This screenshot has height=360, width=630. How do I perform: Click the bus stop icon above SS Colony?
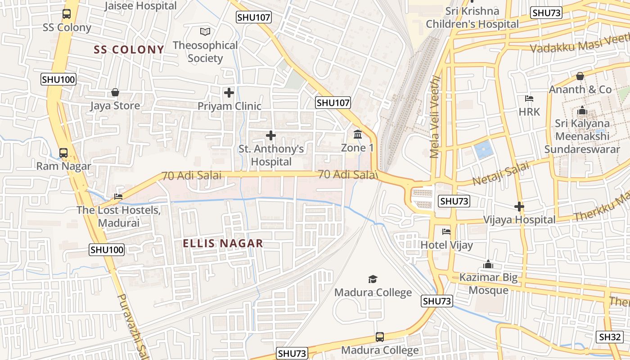tap(67, 14)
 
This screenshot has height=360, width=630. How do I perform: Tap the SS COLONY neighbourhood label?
tap(129, 49)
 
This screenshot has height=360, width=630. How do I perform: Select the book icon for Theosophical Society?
tap(205, 31)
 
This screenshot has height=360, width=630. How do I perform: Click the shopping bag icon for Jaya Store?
tap(115, 92)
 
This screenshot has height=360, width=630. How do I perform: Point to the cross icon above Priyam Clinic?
tap(229, 93)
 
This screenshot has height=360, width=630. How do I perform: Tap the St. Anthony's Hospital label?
tap(271, 155)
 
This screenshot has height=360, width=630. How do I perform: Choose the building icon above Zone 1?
tap(358, 134)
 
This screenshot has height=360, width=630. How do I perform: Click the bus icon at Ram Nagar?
tap(63, 153)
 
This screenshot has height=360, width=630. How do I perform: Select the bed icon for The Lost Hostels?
tap(118, 197)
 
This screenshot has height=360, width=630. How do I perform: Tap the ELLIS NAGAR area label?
tap(223, 243)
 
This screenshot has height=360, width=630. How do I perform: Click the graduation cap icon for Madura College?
tap(373, 279)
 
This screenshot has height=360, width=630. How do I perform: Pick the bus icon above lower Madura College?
tap(379, 337)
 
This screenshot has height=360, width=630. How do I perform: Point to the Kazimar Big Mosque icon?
tap(488, 265)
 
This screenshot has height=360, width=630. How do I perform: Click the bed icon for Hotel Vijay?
tap(446, 232)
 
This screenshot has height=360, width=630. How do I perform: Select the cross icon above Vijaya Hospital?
tap(519, 207)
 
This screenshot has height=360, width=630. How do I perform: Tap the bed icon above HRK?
tap(529, 99)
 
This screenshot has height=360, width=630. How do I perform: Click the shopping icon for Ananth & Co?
tap(580, 76)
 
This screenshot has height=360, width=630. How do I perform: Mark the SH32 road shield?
tap(610, 337)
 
